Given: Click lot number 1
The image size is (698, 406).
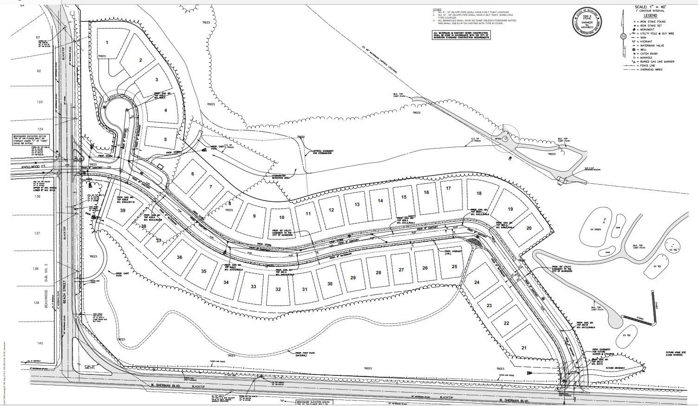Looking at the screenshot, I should pos(107,42).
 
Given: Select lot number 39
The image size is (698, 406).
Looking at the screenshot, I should pos(123,210).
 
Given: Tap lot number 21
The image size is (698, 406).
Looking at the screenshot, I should pos(524,348).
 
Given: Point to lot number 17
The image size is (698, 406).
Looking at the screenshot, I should pos(448,188).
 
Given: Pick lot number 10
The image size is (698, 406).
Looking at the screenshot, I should pos(281,218).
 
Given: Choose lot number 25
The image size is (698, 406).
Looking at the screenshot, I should pos(454,266).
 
